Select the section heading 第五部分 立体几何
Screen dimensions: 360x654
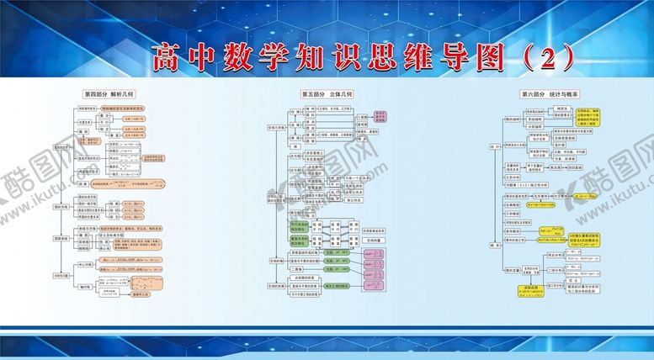327,94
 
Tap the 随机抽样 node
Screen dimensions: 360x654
513,119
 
